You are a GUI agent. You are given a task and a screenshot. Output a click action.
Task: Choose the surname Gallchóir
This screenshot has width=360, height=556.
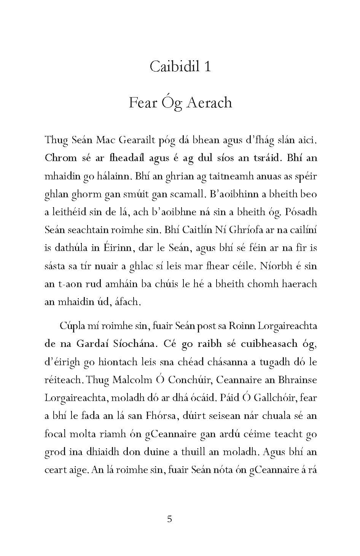point(274,398)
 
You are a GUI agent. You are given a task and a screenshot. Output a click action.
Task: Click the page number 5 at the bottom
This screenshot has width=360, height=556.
point(170,519)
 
